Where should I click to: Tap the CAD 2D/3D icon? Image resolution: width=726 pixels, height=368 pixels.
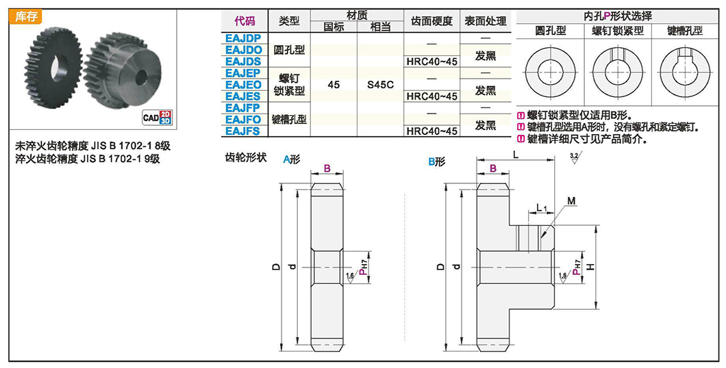click(x=156, y=117)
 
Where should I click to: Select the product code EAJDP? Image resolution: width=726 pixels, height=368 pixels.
click(x=242, y=38)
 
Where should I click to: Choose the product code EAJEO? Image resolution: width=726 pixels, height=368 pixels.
click(x=242, y=85)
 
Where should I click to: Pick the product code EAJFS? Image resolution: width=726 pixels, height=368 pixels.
click(x=242, y=131)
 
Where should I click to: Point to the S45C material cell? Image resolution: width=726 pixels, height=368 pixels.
click(x=379, y=85)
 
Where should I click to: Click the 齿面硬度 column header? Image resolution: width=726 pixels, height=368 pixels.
click(x=431, y=21)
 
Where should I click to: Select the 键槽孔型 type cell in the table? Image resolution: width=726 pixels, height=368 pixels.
click(x=289, y=119)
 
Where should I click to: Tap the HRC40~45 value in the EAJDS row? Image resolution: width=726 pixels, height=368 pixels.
click(x=431, y=62)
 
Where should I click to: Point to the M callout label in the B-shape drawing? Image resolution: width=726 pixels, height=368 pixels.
click(x=571, y=200)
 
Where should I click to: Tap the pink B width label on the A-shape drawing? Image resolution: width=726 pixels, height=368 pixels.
click(x=327, y=168)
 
